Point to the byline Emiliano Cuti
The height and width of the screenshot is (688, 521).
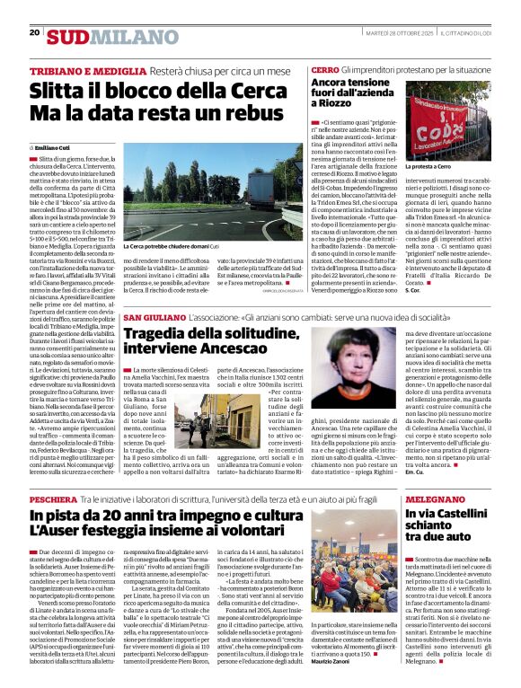tap(52, 146)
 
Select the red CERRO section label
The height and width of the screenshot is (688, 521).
tap(324, 70)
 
